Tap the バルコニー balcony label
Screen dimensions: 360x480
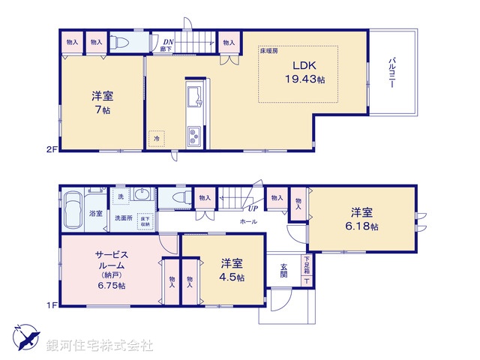(x=392, y=73)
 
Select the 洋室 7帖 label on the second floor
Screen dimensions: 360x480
(x=103, y=102)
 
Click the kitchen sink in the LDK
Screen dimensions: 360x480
(x=194, y=96)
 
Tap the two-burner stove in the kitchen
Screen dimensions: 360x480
(x=193, y=135)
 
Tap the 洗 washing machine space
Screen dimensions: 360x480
(x=120, y=196)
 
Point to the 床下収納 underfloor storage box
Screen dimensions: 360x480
(x=144, y=220)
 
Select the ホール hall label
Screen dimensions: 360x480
(x=249, y=223)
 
